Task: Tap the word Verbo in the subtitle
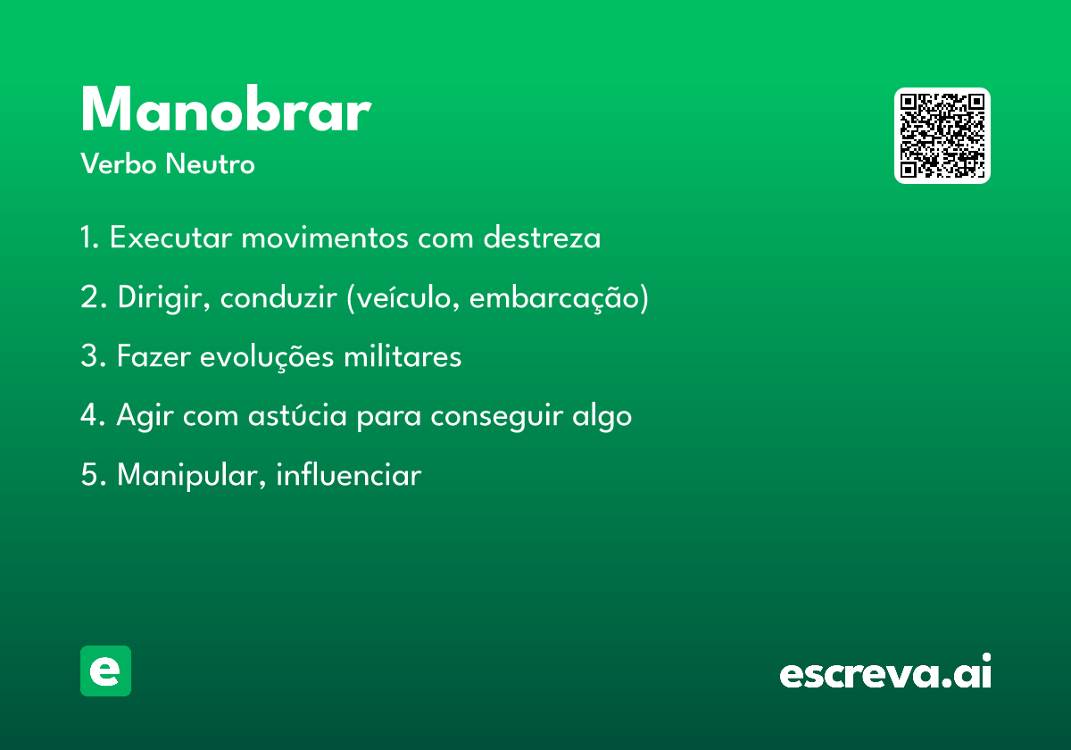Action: point(119,163)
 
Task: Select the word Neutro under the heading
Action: point(210,163)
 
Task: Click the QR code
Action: point(942,136)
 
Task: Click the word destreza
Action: point(542,237)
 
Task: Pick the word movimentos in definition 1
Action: point(325,237)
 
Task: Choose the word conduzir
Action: point(278,297)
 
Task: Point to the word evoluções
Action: point(267,357)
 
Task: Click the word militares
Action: point(403,356)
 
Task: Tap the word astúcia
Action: point(297,415)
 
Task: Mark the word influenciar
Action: point(349,474)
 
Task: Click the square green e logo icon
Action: point(105,671)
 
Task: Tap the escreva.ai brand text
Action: point(885,671)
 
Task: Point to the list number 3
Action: point(89,356)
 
